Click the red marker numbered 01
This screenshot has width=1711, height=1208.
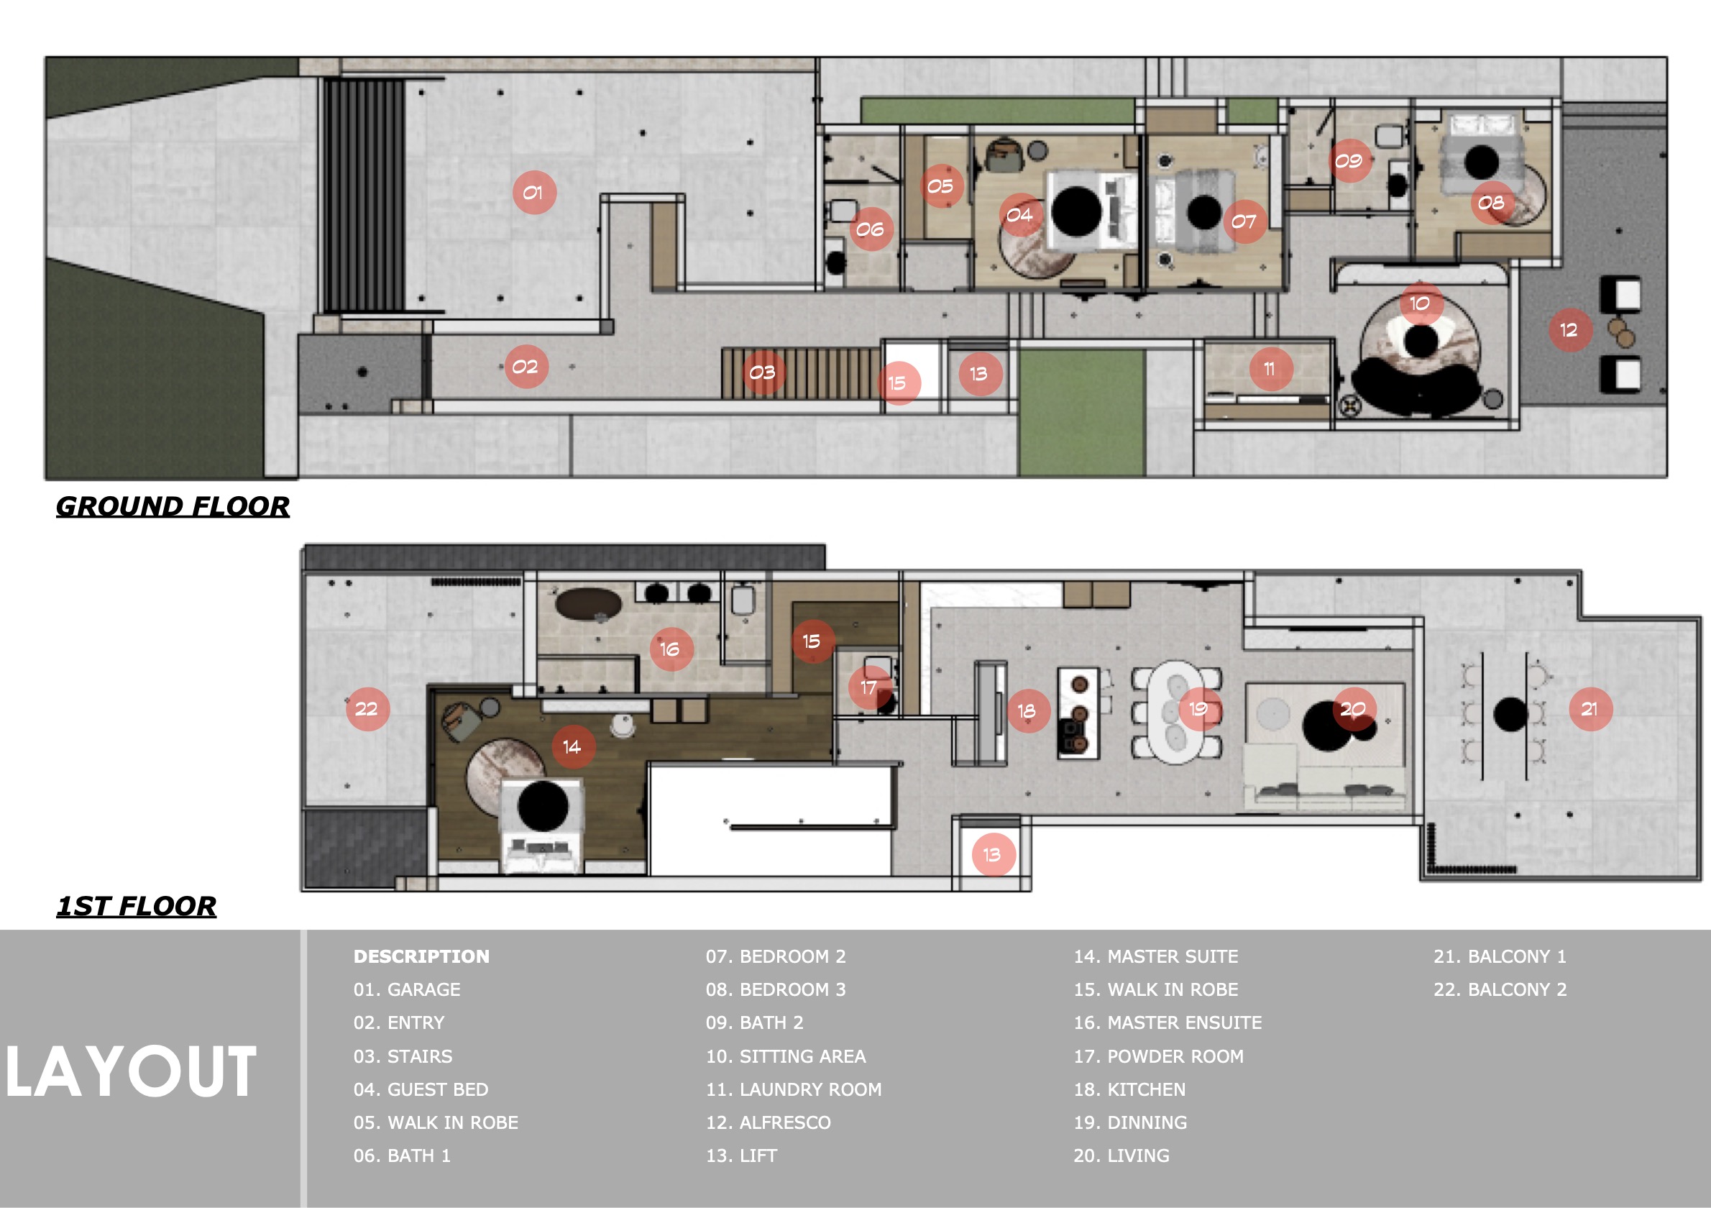click(534, 192)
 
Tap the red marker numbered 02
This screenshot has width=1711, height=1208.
click(526, 367)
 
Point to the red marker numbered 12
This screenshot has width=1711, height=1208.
click(1570, 330)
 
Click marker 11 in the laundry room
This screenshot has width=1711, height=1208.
click(1270, 369)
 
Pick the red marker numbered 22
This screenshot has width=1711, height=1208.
click(367, 709)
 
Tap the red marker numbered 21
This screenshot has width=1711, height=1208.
click(1590, 709)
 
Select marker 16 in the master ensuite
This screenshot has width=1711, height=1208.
click(671, 649)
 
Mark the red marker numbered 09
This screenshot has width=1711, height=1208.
click(1349, 160)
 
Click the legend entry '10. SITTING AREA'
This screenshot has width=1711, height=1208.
click(786, 1056)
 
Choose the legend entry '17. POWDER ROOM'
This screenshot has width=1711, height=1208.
click(1158, 1056)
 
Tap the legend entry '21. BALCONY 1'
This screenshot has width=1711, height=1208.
click(1500, 956)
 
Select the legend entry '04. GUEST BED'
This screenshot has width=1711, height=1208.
click(421, 1089)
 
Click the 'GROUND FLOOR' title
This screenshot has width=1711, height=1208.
click(173, 507)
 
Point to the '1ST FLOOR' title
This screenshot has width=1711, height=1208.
click(137, 906)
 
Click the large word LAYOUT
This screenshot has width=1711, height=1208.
click(131, 1072)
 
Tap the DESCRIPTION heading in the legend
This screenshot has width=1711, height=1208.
click(421, 956)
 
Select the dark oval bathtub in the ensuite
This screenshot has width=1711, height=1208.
click(587, 603)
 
